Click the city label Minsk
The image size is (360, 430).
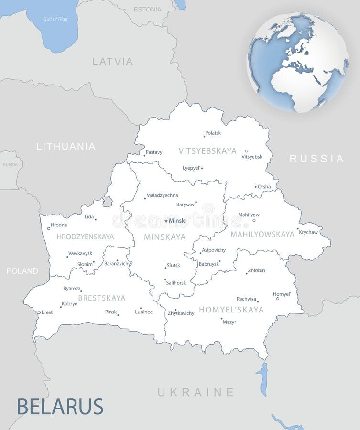(x=176, y=221)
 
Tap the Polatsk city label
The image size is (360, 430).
(x=213, y=133)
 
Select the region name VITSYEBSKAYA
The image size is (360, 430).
(x=207, y=151)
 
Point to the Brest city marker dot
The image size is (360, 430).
(x=39, y=312)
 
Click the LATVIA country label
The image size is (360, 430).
(x=112, y=62)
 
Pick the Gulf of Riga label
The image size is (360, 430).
(x=55, y=19)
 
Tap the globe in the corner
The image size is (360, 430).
(x=297, y=62)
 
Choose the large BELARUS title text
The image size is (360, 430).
(x=60, y=407)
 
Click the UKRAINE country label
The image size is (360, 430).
(x=196, y=392)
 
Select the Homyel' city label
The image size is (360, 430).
(x=282, y=294)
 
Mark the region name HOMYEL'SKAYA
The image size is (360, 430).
(x=231, y=310)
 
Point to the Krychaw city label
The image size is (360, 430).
(x=308, y=232)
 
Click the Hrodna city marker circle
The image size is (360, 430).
(x=48, y=228)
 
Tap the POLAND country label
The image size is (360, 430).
(x=22, y=271)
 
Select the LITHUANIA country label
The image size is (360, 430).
(x=66, y=147)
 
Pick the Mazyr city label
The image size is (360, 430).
(x=229, y=322)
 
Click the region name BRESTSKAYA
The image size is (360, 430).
(x=101, y=298)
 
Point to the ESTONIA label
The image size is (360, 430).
(x=147, y=9)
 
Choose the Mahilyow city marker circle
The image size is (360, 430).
(x=254, y=220)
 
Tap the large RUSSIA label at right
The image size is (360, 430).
(x=316, y=159)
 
